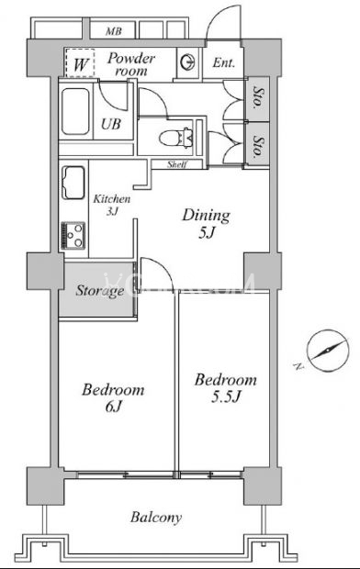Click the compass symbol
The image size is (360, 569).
[x=328, y=351]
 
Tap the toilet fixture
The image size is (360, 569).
[x=174, y=138]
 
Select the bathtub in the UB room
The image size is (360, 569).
[x=75, y=111]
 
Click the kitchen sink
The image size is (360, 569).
[x=73, y=183]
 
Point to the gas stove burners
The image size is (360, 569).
[x=73, y=235]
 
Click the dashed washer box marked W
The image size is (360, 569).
[x=80, y=62]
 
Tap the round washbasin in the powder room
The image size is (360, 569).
[x=188, y=62]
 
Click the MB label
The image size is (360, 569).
[x=113, y=31]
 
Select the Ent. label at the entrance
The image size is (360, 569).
[x=223, y=62]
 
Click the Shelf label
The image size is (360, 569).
[x=177, y=164]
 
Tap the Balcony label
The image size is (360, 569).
[x=156, y=518]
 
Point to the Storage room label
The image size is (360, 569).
[x=100, y=291]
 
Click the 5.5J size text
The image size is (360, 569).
[x=226, y=397]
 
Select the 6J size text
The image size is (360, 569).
[x=113, y=407]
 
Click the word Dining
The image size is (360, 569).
[x=206, y=216]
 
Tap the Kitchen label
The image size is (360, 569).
[x=112, y=199]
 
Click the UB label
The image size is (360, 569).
[x=111, y=124]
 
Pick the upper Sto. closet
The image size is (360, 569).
[x=258, y=98]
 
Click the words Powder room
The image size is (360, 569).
[x=130, y=64]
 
